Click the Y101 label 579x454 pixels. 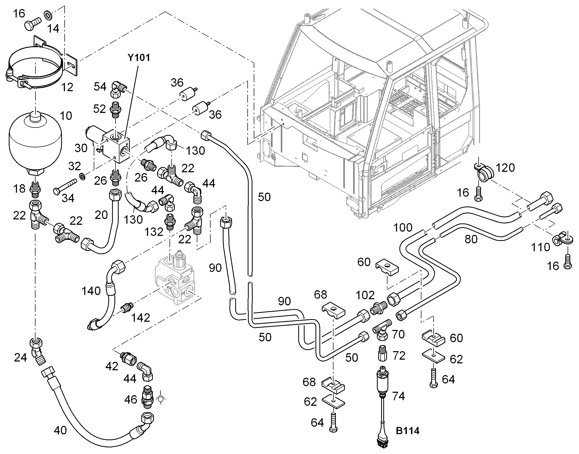coord(139,58)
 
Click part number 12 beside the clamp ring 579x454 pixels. coord(67,87)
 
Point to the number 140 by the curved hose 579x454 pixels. coord(91,291)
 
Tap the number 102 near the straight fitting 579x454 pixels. coord(365,295)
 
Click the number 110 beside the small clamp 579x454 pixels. coord(540,247)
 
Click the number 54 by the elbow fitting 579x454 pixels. coord(100,87)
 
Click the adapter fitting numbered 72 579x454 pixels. coord(382,353)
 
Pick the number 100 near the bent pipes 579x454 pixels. coord(403,228)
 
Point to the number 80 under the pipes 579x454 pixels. coord(471,239)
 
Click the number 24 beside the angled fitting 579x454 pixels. coord(20,358)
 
